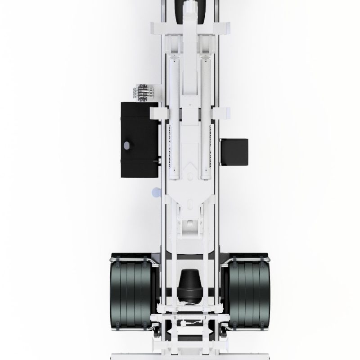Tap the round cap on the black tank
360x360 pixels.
127,145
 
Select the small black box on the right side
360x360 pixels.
234,152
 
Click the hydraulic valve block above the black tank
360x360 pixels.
144,91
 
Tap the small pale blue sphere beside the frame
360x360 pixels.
156,192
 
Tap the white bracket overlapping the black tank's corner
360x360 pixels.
155,112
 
